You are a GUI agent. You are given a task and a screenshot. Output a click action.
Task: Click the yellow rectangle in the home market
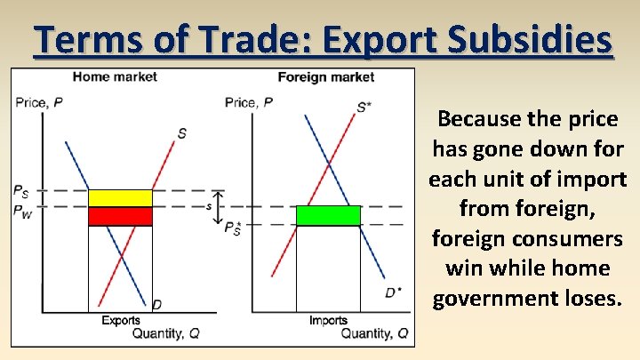tap(120, 197)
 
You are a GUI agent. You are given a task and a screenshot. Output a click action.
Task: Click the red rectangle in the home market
tap(120, 216)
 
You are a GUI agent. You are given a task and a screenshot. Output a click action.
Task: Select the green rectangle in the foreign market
tap(328, 215)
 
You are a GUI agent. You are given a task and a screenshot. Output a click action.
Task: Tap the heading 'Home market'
tap(115, 77)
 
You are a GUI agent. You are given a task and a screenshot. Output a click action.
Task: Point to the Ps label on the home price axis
tap(20, 190)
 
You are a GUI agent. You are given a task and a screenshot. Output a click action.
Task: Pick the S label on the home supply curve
tap(182, 133)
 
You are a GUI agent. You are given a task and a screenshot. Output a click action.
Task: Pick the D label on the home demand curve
tap(156, 305)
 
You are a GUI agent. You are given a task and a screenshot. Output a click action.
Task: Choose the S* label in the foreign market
tap(364, 108)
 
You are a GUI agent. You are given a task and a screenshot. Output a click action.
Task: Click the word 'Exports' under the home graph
tap(120, 321)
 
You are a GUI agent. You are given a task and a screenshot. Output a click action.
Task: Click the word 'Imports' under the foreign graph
tap(328, 321)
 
